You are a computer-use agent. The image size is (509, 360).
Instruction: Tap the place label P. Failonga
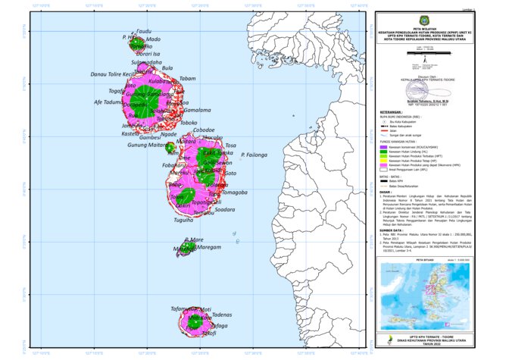coord(254,155)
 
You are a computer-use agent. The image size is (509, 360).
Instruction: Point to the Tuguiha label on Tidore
coord(183,220)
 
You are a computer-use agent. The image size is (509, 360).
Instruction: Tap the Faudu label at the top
coord(144,31)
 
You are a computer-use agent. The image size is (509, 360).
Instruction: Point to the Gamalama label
coord(197,110)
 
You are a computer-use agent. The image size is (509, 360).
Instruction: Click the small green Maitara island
coord(172,149)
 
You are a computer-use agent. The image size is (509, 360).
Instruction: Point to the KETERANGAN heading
coord(392,109)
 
